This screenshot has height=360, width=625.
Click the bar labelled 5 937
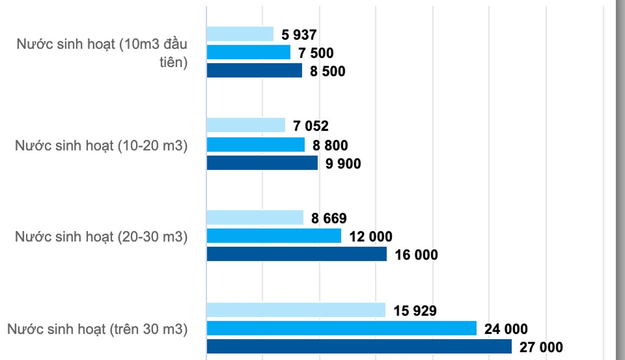(240, 34)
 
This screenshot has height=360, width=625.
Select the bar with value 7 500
(248, 53)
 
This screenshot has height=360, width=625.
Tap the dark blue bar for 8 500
(254, 70)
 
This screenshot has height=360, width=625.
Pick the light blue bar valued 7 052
(246, 126)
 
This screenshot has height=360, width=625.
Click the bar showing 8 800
(256, 144)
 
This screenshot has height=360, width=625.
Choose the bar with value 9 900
(262, 163)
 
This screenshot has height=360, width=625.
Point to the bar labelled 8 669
(255, 218)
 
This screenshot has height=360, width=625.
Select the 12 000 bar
(274, 236)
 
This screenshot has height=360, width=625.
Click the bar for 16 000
(297, 254)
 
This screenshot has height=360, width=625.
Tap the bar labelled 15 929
(296, 310)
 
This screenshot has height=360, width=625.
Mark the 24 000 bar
(342, 328)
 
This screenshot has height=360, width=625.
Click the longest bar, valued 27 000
(359, 346)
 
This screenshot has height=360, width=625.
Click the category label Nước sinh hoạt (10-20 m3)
(101, 145)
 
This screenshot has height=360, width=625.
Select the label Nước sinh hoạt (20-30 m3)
(101, 237)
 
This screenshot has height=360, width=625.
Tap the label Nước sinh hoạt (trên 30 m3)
(97, 329)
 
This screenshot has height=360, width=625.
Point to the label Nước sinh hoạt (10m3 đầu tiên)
(102, 53)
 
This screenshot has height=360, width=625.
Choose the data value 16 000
(417, 255)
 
